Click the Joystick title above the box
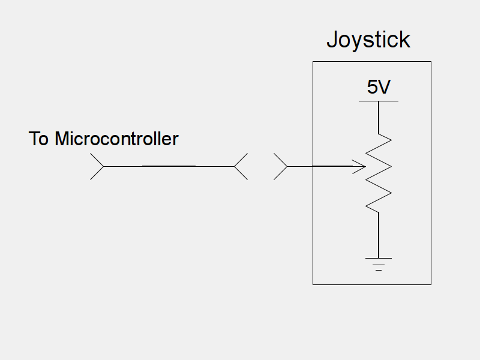(368, 40)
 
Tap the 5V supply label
(379, 88)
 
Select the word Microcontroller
(116, 139)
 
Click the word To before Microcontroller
(39, 139)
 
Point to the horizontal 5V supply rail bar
(379, 101)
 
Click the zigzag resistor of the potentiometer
(379, 173)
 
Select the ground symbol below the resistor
(379, 264)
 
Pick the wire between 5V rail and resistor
(379, 117)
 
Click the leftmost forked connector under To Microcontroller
(97, 166)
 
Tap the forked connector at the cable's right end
(240, 166)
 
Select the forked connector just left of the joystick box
(281, 166)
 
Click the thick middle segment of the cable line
(169, 166)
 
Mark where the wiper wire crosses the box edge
(313, 166)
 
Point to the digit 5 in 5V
(373, 88)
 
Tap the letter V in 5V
(385, 88)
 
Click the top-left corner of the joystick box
(313, 62)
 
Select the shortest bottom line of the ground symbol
(379, 270)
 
